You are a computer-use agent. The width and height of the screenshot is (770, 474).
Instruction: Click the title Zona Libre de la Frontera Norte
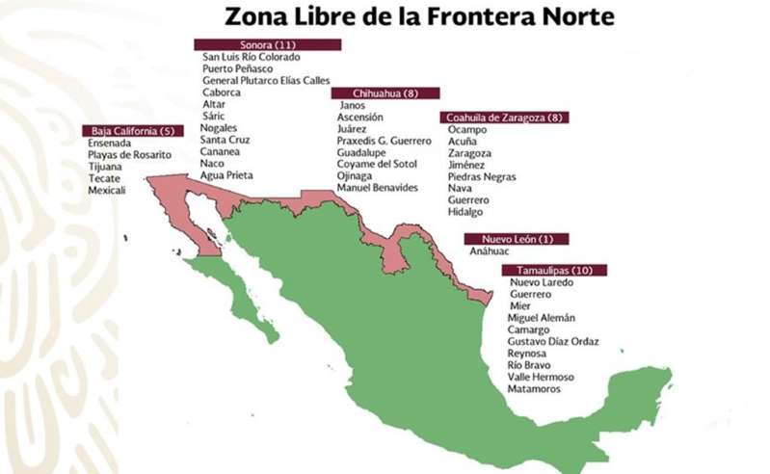(419, 16)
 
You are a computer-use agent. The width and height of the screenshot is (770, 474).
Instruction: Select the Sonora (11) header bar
(267, 44)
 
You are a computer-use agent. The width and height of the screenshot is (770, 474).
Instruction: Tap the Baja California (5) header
(132, 130)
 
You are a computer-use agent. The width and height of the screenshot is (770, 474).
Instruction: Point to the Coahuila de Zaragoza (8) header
(505, 117)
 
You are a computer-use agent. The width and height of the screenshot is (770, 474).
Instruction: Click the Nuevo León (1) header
(516, 238)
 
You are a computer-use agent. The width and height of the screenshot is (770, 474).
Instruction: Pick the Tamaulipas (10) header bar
(553, 271)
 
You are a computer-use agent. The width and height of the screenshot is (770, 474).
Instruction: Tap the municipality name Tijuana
(105, 167)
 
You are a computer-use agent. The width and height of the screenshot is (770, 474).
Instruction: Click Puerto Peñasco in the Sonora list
(237, 68)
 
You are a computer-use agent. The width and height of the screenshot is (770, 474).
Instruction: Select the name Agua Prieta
(226, 175)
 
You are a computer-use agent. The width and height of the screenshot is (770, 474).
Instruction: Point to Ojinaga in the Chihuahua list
(356, 175)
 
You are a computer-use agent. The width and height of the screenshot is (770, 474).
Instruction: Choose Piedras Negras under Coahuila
(482, 177)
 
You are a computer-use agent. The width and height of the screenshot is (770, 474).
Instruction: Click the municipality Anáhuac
(491, 251)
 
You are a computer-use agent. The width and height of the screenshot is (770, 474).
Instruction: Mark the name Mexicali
(107, 190)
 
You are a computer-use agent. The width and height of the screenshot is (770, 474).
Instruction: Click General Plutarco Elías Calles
(266, 80)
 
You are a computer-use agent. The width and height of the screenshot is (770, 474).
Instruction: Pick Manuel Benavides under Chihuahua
(378, 187)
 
